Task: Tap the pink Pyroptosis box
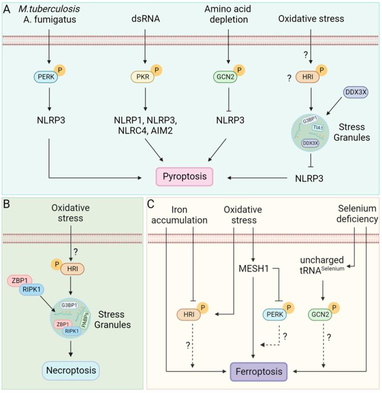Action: (185, 177)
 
